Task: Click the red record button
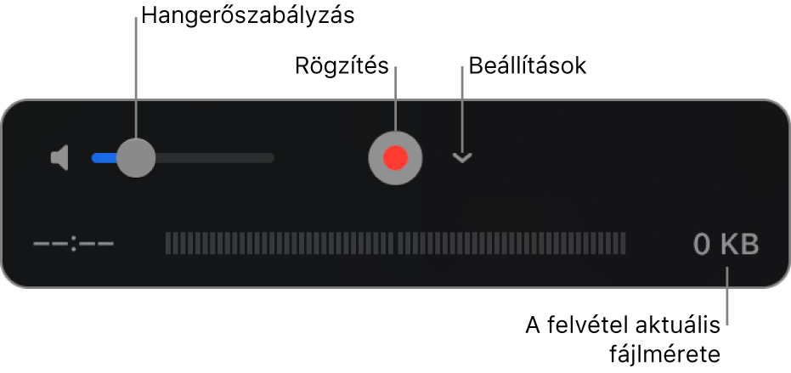tap(395, 158)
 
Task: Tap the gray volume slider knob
tap(135, 158)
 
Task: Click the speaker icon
tap(59, 158)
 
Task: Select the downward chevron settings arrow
tap(461, 158)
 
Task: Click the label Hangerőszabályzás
tap(247, 15)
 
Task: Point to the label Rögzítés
tap(341, 65)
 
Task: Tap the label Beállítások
tap(525, 65)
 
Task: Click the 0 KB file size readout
tap(726, 246)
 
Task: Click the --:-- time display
tap(73, 246)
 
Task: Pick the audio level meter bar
tap(395, 244)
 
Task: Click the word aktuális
tap(681, 325)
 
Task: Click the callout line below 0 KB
tap(728, 293)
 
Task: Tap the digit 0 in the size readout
tap(702, 246)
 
